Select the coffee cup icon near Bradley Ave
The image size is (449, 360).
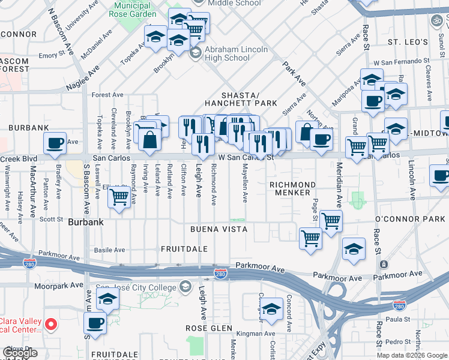click(55, 143)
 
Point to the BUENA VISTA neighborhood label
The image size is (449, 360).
click(218, 230)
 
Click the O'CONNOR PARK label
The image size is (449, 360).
click(410, 219)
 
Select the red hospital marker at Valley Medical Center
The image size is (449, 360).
click(51, 325)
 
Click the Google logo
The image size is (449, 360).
click(20, 353)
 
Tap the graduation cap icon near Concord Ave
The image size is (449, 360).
click(271, 308)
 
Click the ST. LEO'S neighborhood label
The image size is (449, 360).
click(408, 42)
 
